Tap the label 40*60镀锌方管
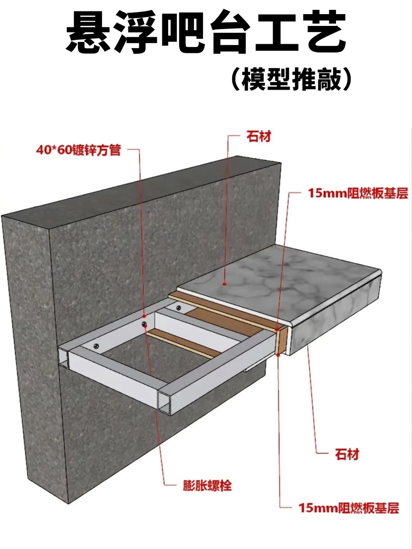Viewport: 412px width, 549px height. click(79, 150)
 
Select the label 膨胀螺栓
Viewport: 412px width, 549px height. click(207, 486)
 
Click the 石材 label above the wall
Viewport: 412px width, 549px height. click(259, 136)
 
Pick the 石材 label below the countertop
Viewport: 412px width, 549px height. click(347, 454)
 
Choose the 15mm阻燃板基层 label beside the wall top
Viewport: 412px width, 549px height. click(358, 193)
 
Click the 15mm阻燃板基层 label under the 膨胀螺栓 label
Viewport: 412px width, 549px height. click(349, 508)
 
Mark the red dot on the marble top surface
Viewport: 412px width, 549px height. click(225, 284)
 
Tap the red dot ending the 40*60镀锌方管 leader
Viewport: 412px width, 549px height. click(144, 316)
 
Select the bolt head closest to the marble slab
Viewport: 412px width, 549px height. click(178, 307)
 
